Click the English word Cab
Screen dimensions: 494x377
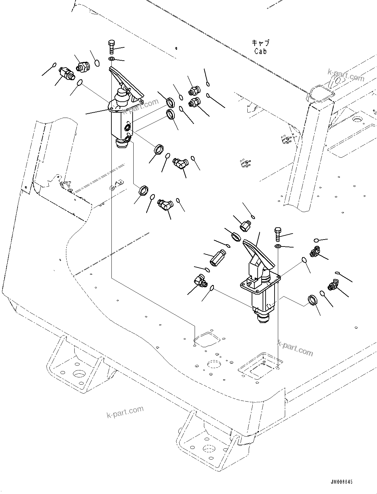click(x=260, y=51)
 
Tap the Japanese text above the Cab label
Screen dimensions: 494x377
click(x=261, y=43)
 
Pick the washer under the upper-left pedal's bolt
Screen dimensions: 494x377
click(x=112, y=59)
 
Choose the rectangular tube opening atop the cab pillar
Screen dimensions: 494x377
click(x=320, y=93)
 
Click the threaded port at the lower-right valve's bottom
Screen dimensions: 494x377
click(x=263, y=319)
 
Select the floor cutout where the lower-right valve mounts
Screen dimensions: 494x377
click(x=260, y=366)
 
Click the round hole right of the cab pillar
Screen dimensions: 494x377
click(x=357, y=119)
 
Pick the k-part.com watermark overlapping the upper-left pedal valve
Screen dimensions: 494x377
click(x=141, y=106)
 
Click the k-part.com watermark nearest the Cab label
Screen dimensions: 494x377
click(x=345, y=75)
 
